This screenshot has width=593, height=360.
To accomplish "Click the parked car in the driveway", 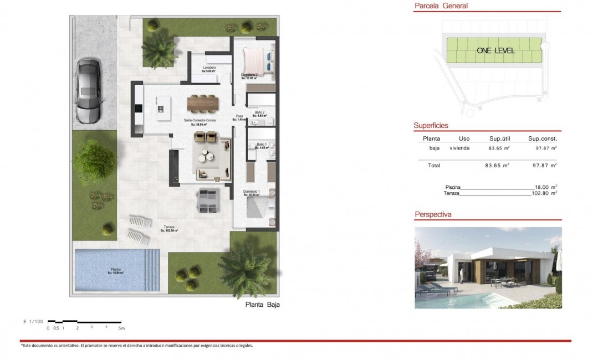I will pyautogui.click(x=88, y=91).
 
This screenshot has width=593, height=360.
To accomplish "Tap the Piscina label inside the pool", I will pyautogui.click(x=116, y=271).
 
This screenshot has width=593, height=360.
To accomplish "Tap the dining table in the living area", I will pyautogui.click(x=203, y=103).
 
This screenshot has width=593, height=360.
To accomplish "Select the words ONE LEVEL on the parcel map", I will pyautogui.click(x=495, y=51).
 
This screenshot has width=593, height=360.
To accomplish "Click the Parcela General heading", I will pyautogui.click(x=441, y=6).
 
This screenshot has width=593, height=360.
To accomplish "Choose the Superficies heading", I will pyautogui.click(x=431, y=126).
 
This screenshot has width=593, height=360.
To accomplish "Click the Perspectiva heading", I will pyautogui.click(x=433, y=214).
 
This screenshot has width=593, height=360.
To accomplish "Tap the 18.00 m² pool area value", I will pyautogui.click(x=546, y=187).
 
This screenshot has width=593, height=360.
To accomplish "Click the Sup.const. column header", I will pyautogui.click(x=543, y=138).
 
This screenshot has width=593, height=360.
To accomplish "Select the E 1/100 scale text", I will pyautogui.click(x=33, y=322).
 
